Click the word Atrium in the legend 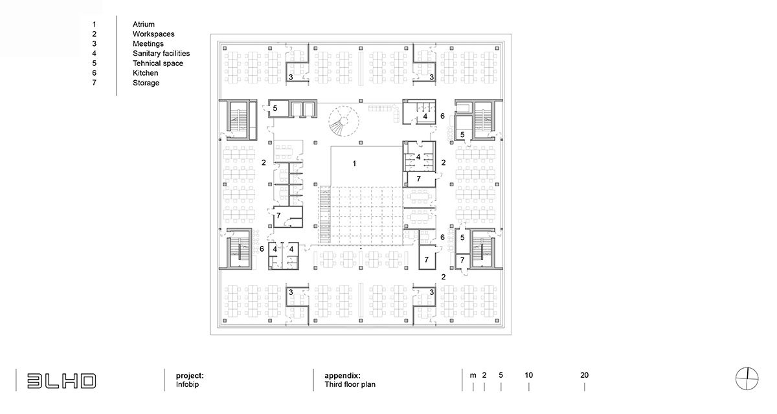[x=144, y=25]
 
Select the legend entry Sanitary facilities [x=161, y=54]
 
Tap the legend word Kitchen [x=145, y=73]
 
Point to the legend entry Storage [x=146, y=83]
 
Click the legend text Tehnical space [x=158, y=63]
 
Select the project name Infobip [x=185, y=384]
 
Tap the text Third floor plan [x=350, y=384]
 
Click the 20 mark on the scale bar [x=584, y=375]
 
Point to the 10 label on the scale [x=528, y=375]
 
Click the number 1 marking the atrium [x=354, y=164]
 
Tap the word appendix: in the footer [x=343, y=375]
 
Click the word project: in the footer [x=190, y=375]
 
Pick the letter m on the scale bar [x=473, y=375]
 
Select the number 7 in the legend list [x=95, y=83]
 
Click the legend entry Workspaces [x=153, y=34]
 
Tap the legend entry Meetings [x=148, y=44]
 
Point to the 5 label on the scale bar [x=501, y=375]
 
